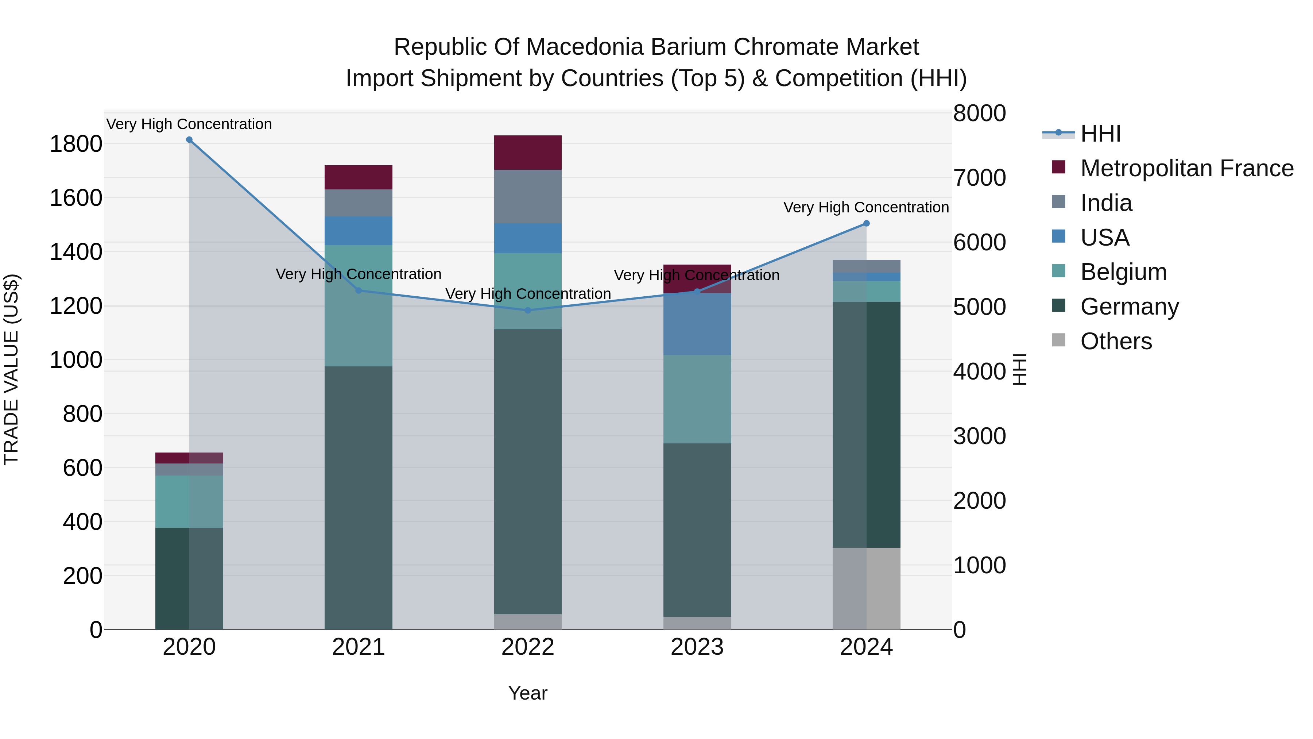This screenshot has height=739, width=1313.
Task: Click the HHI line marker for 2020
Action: pos(189,140)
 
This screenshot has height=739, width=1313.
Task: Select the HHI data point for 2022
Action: pos(527,310)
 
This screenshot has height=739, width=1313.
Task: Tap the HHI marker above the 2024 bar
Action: pos(866,223)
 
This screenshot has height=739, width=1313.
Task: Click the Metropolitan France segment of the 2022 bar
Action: pos(527,153)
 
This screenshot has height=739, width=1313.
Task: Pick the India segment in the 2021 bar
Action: pos(358,203)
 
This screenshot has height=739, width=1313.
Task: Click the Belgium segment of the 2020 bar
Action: pos(189,501)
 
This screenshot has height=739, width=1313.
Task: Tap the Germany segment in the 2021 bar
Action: pos(358,497)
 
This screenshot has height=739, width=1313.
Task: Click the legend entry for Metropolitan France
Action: pos(1186,168)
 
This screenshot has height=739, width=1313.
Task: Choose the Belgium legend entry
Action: pos(1123,272)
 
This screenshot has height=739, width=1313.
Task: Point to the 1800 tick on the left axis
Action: pos(75,144)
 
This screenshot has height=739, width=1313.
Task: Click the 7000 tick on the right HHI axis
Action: pos(979,178)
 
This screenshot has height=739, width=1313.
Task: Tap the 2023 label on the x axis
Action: pos(697,647)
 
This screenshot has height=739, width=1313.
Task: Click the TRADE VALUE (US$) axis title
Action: pos(11,369)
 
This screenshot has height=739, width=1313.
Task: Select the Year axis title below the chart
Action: pos(527,693)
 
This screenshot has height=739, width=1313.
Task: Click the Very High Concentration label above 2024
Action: pos(865,208)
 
